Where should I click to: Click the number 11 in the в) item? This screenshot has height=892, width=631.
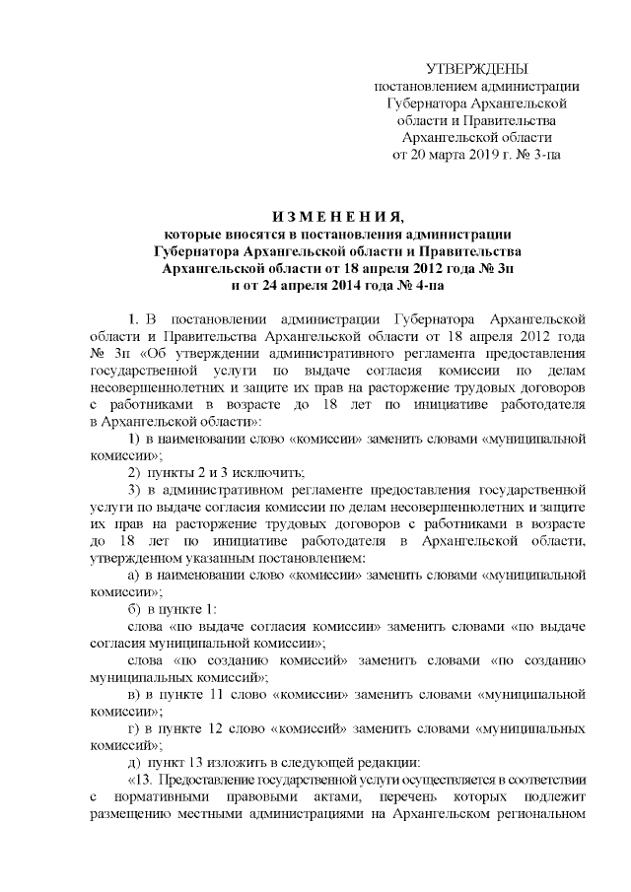pyautogui.click(x=233, y=694)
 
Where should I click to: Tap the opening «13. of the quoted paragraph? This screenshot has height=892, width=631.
pyautogui.click(x=144, y=780)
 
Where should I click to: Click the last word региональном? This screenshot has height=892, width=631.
pyautogui.click(x=538, y=814)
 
